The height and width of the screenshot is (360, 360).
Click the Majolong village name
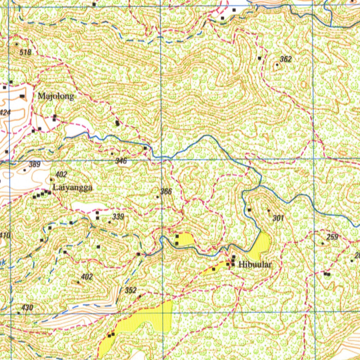click(x=56, y=96)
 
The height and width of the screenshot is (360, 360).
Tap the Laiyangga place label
click(x=72, y=188)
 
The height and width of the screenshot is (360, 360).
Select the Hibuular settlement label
click(x=255, y=264)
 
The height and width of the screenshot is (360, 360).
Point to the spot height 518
click(x=25, y=52)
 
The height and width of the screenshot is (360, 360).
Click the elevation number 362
click(x=286, y=59)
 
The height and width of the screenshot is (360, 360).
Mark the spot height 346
click(x=121, y=161)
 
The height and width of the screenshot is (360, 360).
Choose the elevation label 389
click(x=34, y=164)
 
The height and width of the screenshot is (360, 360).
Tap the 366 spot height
click(x=166, y=191)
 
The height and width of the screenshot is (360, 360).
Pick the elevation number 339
click(x=118, y=217)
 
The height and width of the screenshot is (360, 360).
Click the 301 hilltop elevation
click(x=278, y=218)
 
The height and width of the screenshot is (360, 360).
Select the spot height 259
click(x=332, y=237)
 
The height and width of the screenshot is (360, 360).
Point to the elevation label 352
click(x=130, y=290)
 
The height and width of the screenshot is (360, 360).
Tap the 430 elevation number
click(x=27, y=308)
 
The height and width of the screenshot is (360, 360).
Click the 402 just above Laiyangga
click(x=61, y=174)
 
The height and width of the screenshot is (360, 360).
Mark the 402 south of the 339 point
click(x=86, y=277)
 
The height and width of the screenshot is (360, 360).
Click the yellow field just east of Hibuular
click(x=260, y=246)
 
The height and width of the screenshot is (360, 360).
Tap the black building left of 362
click(x=259, y=58)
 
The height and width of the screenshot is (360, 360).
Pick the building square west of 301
click(x=249, y=210)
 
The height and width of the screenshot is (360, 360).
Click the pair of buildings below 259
click(x=327, y=274)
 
